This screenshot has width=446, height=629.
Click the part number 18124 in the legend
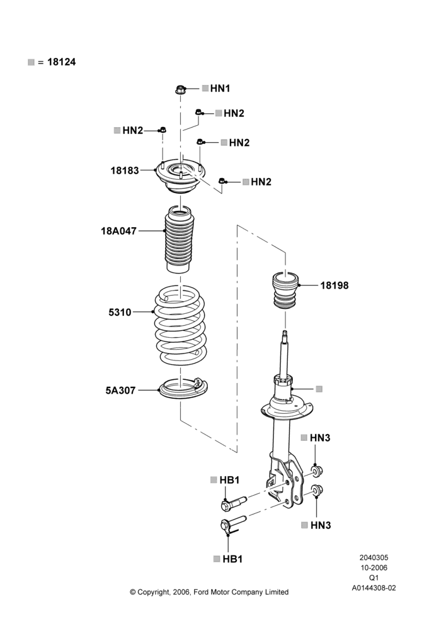(x=62, y=62)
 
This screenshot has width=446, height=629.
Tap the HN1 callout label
(x=220, y=88)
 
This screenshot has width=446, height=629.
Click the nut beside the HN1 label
(x=180, y=89)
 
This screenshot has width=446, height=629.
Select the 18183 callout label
(x=125, y=170)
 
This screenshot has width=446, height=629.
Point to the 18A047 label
(x=118, y=231)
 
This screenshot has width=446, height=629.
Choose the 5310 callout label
(x=120, y=312)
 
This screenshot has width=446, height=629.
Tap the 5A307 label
(x=120, y=391)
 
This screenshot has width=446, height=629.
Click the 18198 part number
(x=334, y=286)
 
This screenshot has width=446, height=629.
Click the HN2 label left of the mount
(x=132, y=130)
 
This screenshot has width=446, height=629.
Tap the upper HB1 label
(x=229, y=480)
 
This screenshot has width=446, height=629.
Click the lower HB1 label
(x=232, y=559)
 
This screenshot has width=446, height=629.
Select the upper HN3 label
(x=320, y=438)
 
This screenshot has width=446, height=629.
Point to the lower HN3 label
(x=321, y=525)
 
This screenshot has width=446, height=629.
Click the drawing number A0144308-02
(x=374, y=588)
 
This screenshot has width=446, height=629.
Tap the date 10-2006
(x=374, y=567)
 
